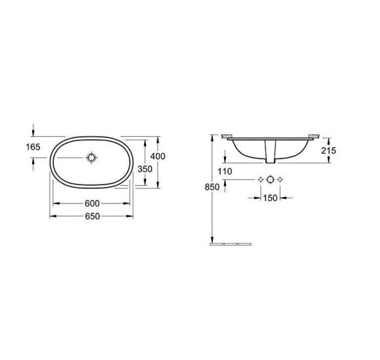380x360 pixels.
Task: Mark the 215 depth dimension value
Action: coord(329,151)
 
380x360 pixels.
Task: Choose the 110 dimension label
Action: coord(225,171)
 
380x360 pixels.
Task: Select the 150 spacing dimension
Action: coord(270,198)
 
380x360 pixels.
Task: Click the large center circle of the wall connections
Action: coord(270,179)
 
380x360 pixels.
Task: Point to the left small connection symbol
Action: coord(260,179)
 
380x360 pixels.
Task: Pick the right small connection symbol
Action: coord(280,179)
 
